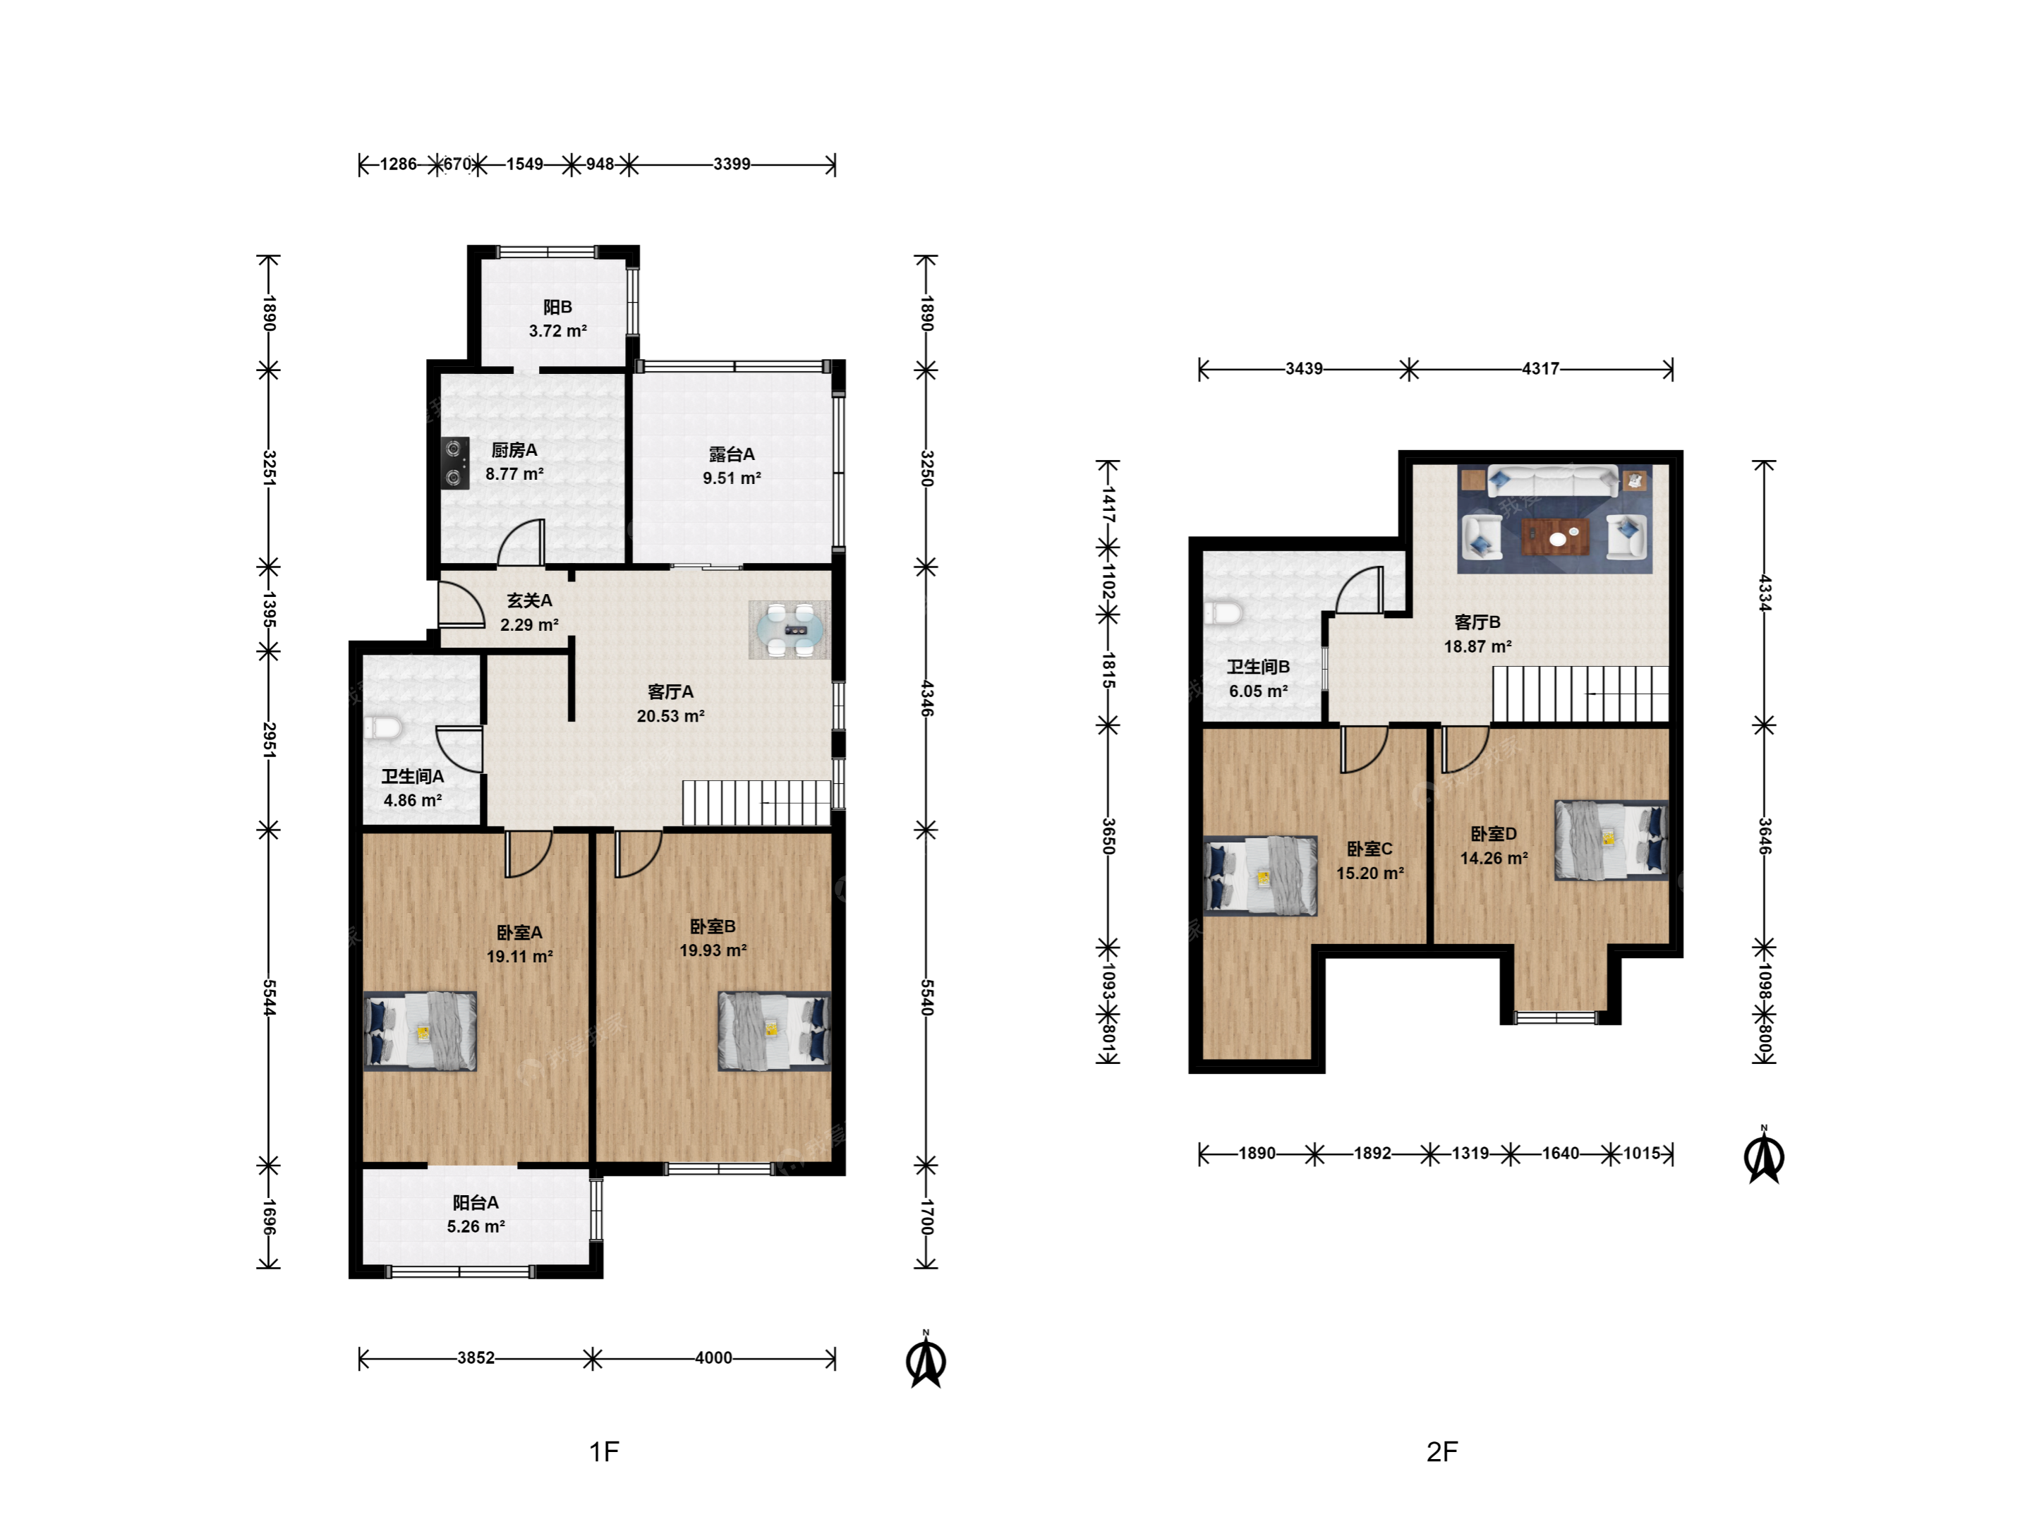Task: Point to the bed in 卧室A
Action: (x=421, y=1031)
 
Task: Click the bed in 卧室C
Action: (x=1260, y=876)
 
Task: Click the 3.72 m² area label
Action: (x=557, y=331)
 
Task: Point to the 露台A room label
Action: (x=732, y=454)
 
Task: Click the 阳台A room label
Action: (x=476, y=1202)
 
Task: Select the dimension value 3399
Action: (x=732, y=164)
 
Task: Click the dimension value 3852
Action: (x=476, y=1357)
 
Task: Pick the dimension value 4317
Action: (x=1540, y=369)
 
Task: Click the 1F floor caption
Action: (x=603, y=1451)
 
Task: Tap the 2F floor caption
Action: (x=1442, y=1451)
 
